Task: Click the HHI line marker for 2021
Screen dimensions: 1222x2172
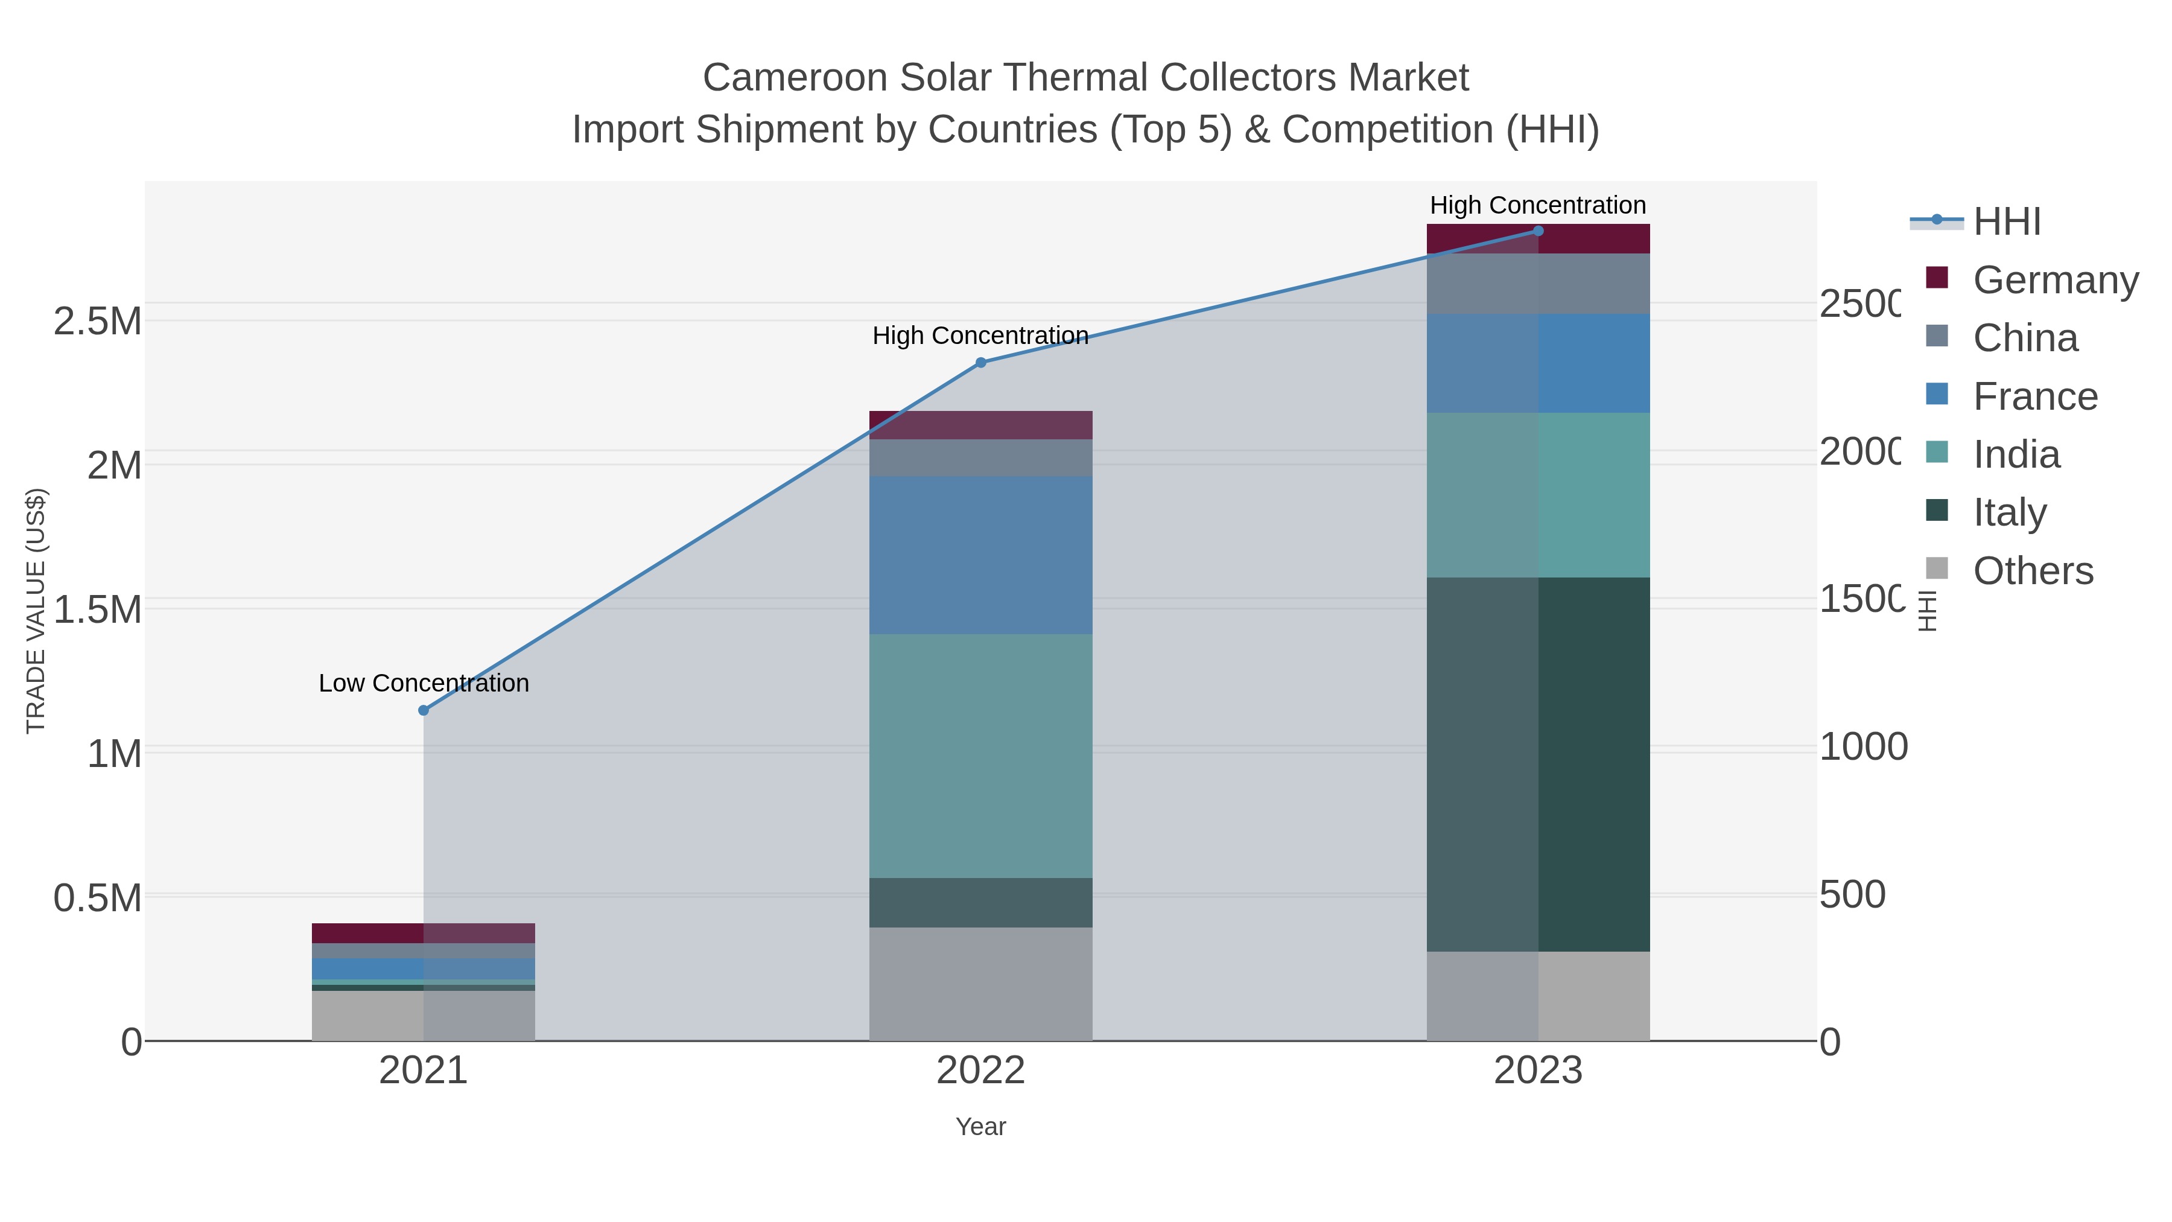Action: (424, 710)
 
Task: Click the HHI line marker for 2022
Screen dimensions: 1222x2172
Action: (980, 363)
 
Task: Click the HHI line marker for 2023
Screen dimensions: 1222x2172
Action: (1538, 231)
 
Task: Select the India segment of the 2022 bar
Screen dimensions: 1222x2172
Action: (980, 756)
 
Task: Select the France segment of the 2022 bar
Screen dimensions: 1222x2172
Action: (980, 555)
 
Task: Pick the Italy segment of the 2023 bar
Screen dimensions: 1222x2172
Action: (1538, 764)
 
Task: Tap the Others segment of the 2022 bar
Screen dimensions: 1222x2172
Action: (980, 984)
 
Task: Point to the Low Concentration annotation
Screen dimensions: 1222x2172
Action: (424, 683)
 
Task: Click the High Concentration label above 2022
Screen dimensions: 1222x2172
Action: (980, 336)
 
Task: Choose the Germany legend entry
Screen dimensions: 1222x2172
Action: (2056, 280)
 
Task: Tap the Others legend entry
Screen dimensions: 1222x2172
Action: (2032, 571)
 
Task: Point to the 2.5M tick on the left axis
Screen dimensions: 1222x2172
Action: (98, 321)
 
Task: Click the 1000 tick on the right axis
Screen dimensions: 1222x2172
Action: (1862, 747)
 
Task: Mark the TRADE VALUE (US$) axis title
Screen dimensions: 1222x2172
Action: (36, 611)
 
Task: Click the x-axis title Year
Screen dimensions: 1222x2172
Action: (980, 1127)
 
